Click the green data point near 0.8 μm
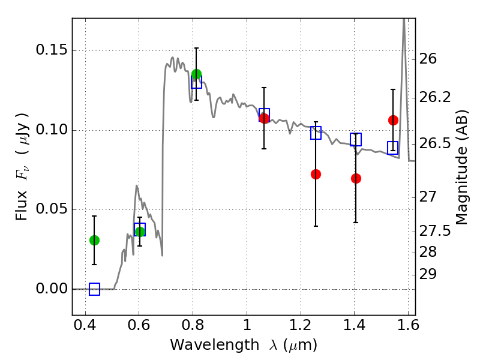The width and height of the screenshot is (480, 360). click(196, 74)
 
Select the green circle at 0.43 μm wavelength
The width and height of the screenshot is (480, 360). click(94, 240)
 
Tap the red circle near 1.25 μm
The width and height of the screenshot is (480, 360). click(316, 174)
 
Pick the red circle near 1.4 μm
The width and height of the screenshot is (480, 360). click(356, 178)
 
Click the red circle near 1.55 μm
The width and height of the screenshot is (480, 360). click(393, 120)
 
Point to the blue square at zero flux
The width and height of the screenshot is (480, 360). click(94, 289)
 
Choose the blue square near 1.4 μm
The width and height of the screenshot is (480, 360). click(356, 140)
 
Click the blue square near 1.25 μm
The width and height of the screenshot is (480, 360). click(316, 133)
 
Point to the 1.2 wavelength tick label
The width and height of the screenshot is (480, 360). click(300, 328)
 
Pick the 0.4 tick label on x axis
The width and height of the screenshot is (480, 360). click(85, 328)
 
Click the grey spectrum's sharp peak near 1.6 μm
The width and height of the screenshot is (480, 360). click(404, 22)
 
